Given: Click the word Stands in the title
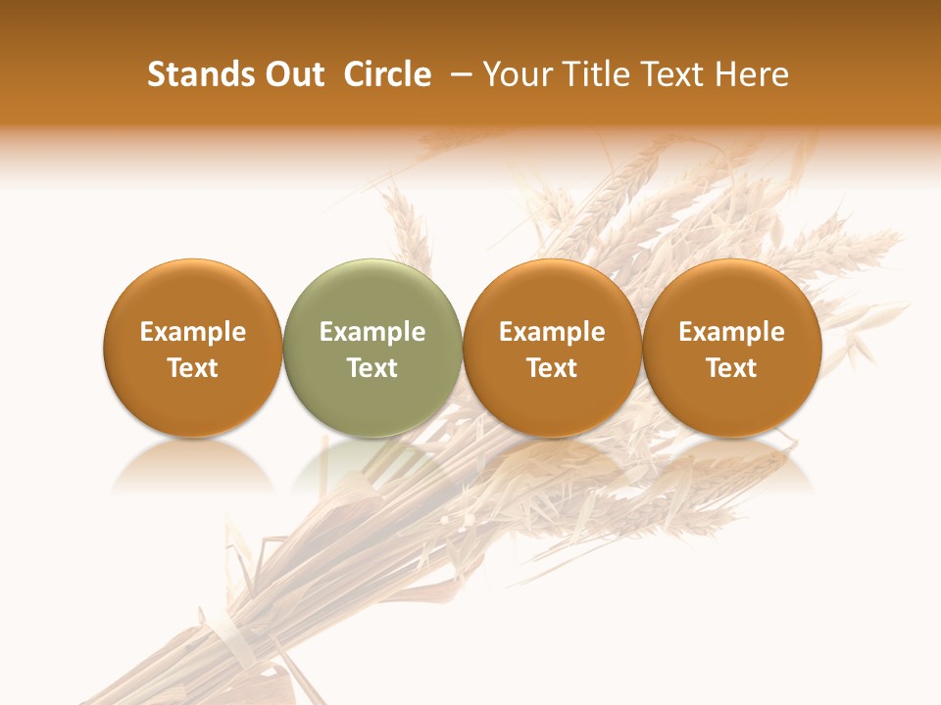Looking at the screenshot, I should [x=199, y=74].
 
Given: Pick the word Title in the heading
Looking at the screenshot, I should [x=592, y=74].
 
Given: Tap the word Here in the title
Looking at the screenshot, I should [x=751, y=74].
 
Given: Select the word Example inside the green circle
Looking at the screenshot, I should [x=372, y=332].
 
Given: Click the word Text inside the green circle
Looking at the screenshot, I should [x=372, y=368].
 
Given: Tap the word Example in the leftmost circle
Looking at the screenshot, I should [x=193, y=332].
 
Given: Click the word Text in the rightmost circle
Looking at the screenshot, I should [x=732, y=368].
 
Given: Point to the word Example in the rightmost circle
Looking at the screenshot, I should [x=732, y=332].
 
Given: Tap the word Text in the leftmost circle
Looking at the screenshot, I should [x=193, y=368].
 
